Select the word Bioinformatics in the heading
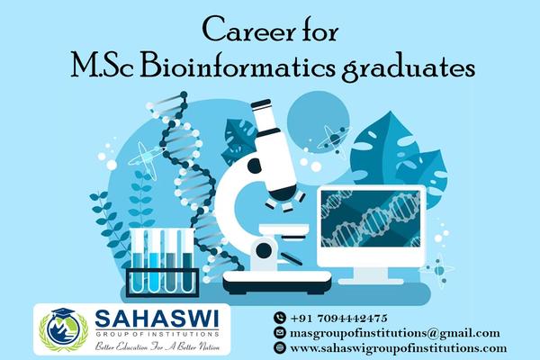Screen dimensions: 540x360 [238, 67]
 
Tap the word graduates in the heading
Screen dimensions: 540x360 [409, 69]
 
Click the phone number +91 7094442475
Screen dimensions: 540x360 [339, 318]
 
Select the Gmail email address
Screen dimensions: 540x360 [395, 333]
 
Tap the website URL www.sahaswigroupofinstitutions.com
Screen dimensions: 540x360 [399, 348]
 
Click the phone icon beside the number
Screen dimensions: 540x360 [280, 318]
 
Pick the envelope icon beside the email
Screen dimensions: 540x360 [280, 332]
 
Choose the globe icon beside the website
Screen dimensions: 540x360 [280, 347]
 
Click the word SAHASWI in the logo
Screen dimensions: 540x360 [157, 319]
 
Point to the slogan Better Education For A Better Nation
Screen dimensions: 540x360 [157, 346]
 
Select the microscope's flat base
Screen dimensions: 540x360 [277, 282]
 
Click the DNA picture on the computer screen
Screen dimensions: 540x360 [371, 219]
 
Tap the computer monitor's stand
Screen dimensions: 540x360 [371, 275]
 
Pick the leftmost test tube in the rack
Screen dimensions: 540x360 [139, 261]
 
